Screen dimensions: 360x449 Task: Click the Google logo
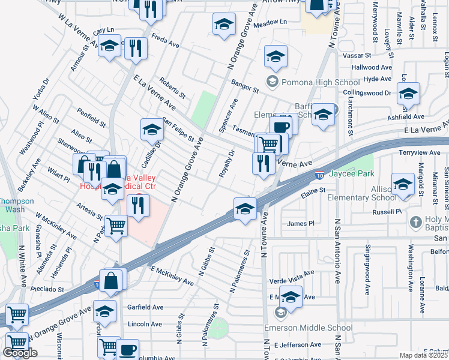coord(20,353)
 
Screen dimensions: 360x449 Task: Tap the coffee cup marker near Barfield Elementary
coord(280,127)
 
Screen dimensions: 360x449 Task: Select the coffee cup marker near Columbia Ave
coord(127,350)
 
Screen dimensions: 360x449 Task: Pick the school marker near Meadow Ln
coord(224,25)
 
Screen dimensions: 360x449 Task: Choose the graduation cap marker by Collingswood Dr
coord(408,94)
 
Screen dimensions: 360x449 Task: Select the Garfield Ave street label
coord(145,307)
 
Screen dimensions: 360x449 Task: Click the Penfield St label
coord(91,115)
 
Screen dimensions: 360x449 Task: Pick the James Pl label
coord(301,224)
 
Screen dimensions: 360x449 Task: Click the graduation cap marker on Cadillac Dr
coord(152,130)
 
